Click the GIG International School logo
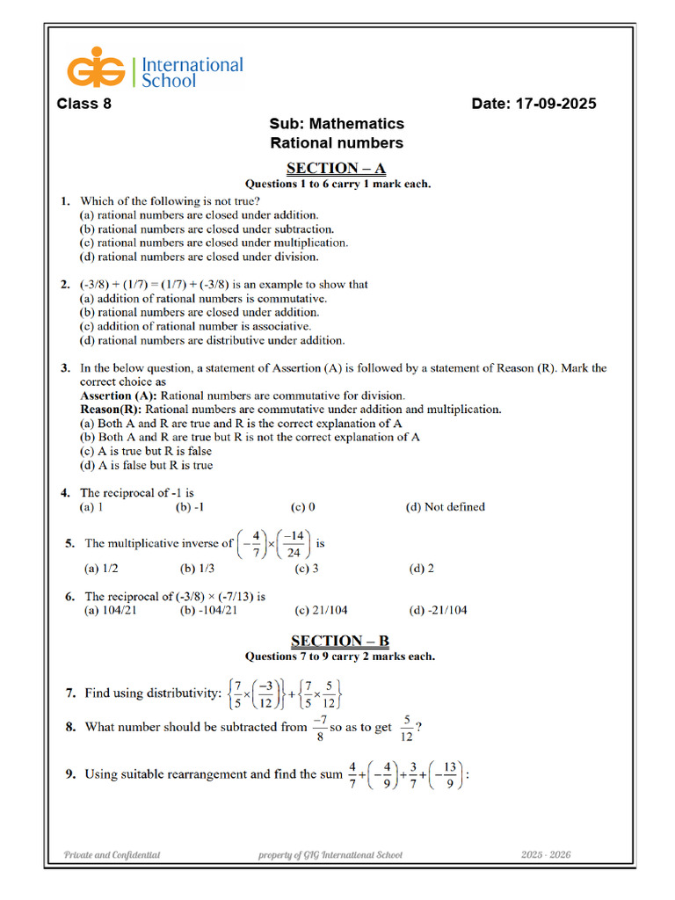tap(155, 71)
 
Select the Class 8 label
tap(84, 104)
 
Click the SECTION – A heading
tap(337, 168)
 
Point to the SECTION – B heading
tap(339, 641)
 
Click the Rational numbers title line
tap(337, 142)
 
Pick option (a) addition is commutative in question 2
tap(191, 299)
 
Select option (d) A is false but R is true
tap(146, 465)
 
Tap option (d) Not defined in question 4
tap(445, 507)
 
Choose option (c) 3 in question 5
tap(306, 569)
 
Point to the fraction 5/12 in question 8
tap(407, 728)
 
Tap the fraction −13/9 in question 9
tap(449, 774)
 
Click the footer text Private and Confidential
tap(112, 854)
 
